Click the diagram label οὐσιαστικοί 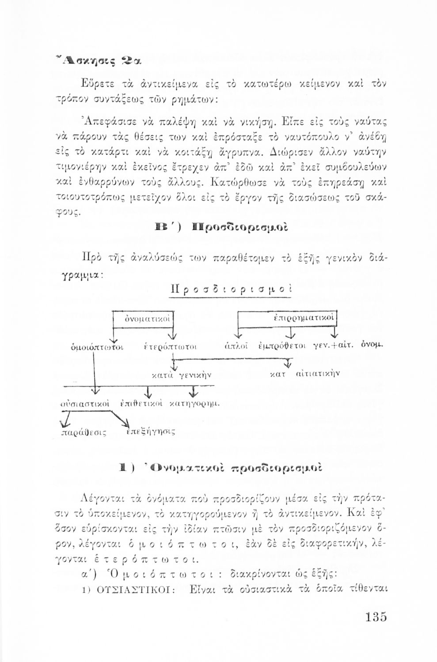84,403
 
